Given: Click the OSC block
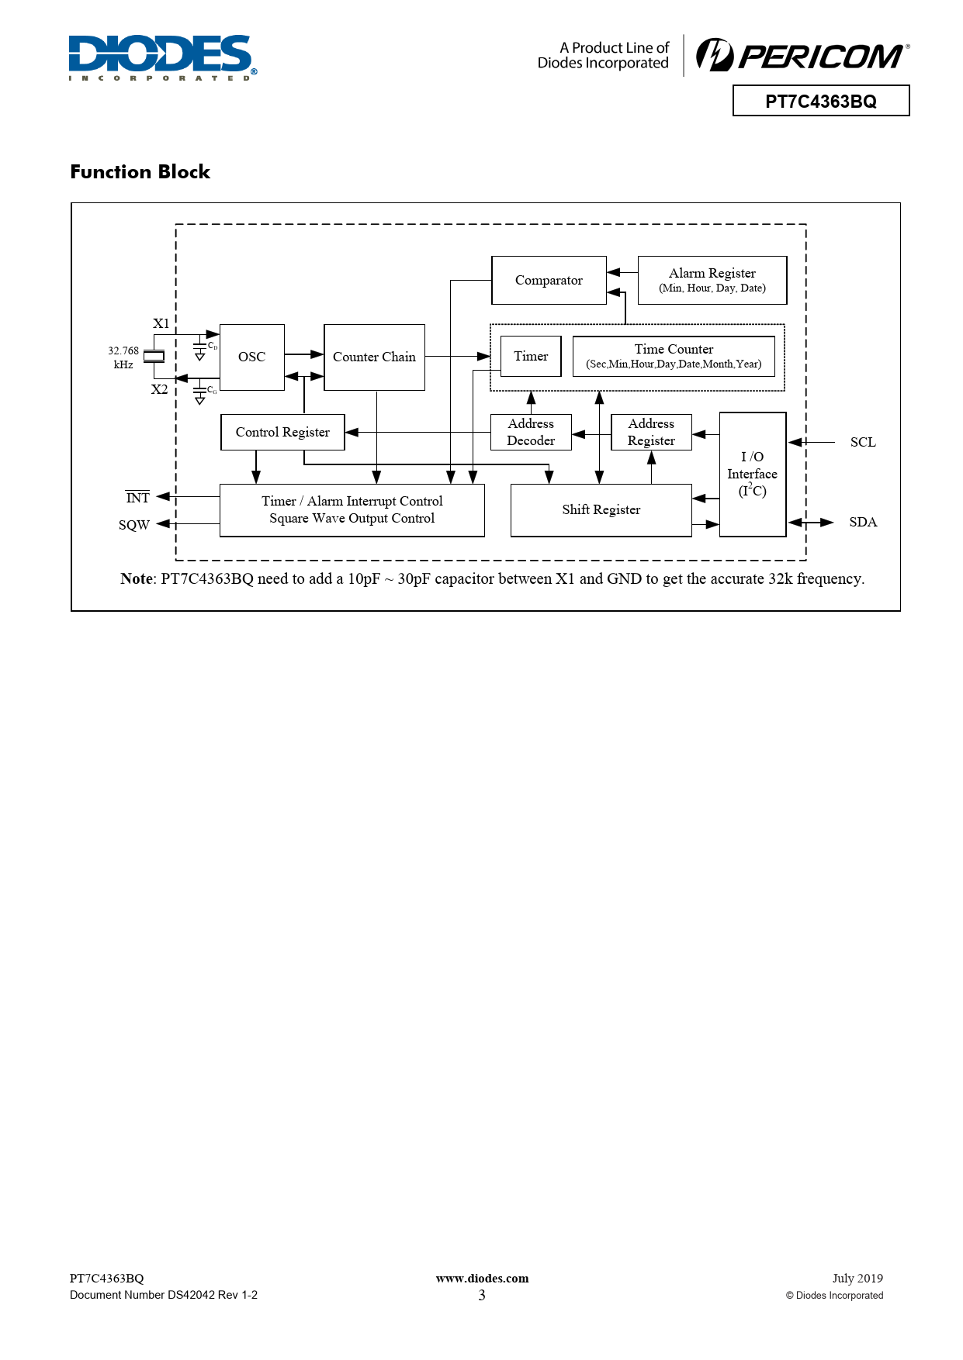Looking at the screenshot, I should coord(251,357).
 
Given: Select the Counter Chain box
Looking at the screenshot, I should coord(374,357).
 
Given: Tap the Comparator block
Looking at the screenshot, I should coord(549,280).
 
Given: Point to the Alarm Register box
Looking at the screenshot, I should coord(712,280).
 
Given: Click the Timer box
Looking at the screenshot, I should coord(531,356).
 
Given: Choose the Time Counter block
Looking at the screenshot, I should coord(674,356).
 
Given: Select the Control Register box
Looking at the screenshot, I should coord(282,432).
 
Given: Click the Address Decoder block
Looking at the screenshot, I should coord(531,432).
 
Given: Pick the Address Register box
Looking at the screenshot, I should coord(651,432).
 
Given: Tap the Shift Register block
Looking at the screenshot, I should coord(601,509).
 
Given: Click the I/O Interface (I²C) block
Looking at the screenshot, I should coord(752,474).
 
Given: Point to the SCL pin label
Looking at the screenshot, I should coord(863,442).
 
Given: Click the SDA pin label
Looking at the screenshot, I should coord(863,522).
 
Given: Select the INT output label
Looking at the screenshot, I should coord(137,498).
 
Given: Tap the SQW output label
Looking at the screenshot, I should coord(133,525).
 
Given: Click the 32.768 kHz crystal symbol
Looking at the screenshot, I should coord(154,357).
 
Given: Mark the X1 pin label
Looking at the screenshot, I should coord(161,323).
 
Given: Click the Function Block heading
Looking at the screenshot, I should coord(140,171).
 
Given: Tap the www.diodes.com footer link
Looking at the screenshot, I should coord(482,1279).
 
